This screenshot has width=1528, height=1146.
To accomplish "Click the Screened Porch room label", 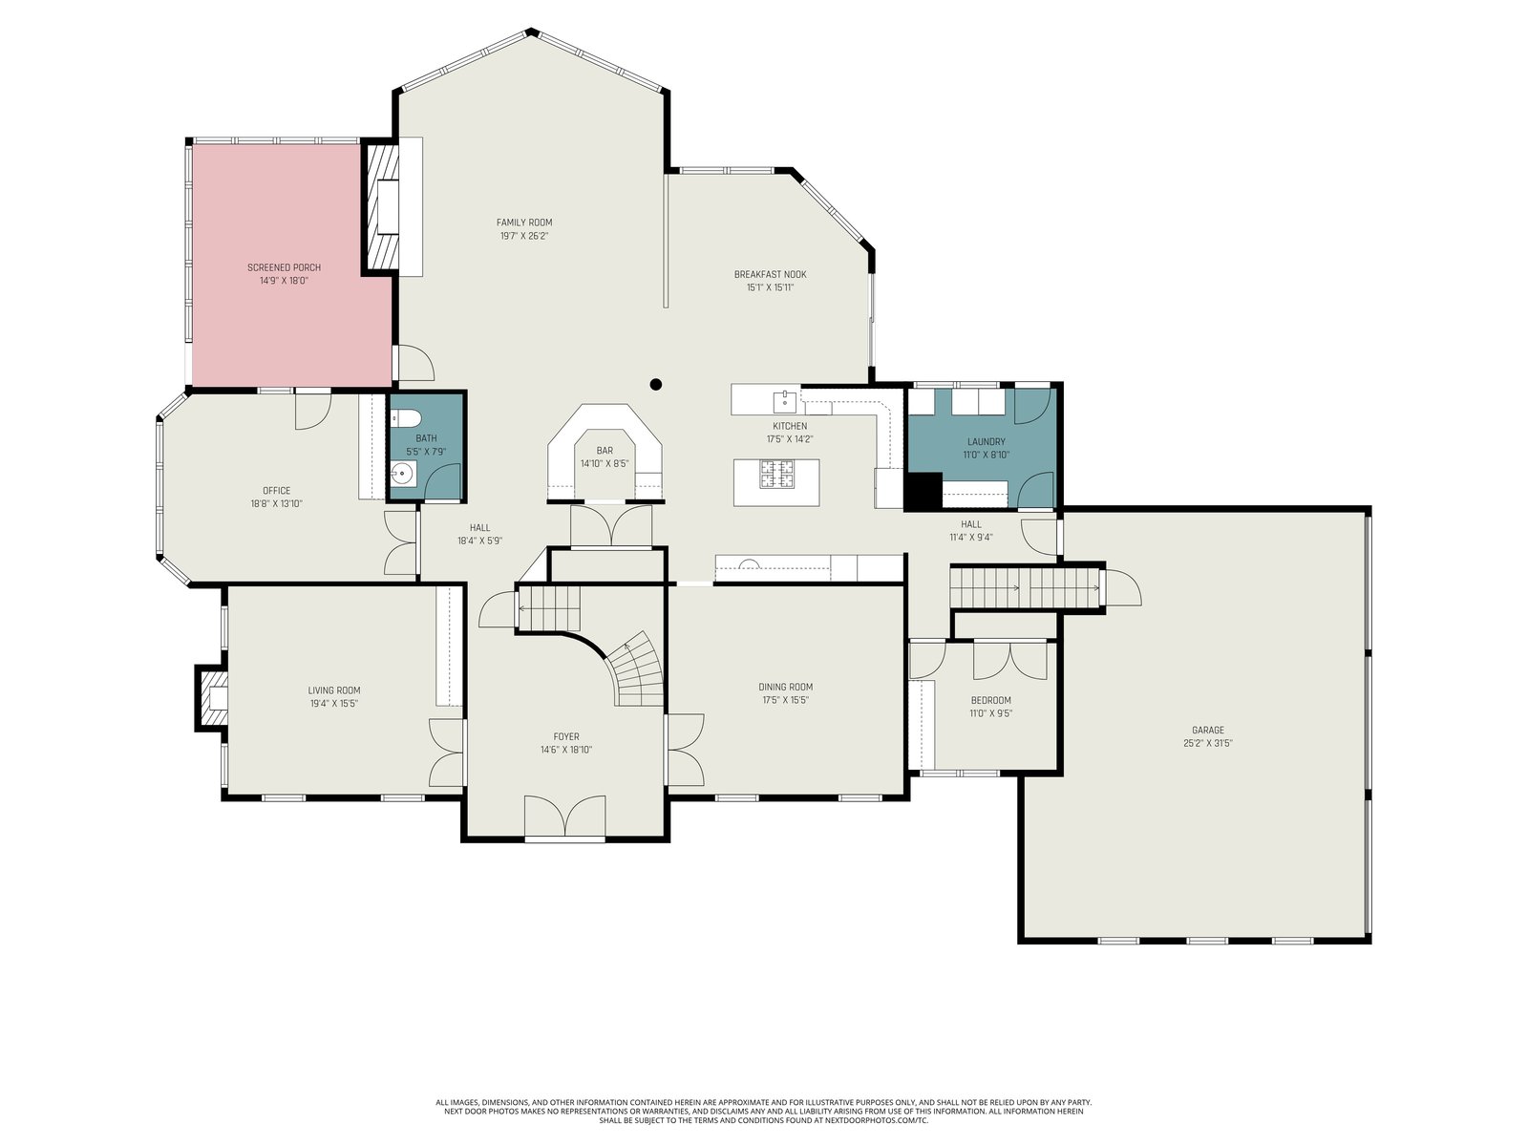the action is coord(284,267).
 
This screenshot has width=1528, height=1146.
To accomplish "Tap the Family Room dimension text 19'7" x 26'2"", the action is coord(524,236).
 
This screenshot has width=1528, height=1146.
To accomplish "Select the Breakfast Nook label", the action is coord(770,274).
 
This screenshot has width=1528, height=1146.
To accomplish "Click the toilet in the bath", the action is coord(405,418).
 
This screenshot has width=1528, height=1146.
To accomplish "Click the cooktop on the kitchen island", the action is coord(776,474).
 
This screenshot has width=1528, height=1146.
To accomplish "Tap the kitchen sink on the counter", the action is coord(785,401).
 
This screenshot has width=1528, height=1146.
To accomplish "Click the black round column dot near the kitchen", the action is coord(655,384).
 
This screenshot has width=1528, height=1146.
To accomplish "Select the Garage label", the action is coord(1208,730).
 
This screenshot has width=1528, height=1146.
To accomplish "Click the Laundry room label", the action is coord(986,441).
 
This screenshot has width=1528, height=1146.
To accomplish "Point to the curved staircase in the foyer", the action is coord(633,669).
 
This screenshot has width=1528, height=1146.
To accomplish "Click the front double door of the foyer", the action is coord(564,817).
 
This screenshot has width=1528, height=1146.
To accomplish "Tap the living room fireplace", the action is coord(211,698).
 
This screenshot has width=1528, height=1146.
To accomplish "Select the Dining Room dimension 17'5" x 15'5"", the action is coord(785,700).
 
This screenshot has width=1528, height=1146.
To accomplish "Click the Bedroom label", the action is coord(990,700).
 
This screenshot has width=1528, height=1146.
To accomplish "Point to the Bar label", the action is coord(605,450).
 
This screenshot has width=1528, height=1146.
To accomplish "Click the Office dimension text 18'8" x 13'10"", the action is coord(276,504).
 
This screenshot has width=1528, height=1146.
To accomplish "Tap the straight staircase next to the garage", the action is coord(1024,588).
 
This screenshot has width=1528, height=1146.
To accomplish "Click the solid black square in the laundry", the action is coord(923,491).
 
